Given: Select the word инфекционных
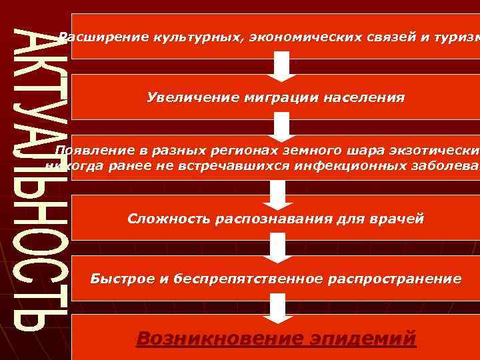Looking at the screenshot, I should pos(340,165).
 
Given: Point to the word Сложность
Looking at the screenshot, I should pos(167,219).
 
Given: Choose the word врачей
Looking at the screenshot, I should pos(397,219).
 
